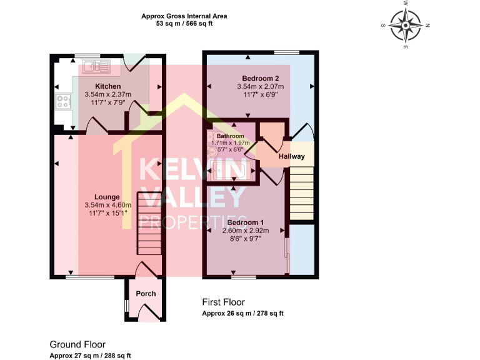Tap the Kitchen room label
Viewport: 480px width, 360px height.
point(107,86)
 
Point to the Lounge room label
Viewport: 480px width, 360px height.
point(107,197)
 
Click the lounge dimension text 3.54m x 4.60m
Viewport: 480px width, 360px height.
point(107,205)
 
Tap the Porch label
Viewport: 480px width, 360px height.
point(146,294)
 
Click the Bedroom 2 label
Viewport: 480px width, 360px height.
point(260,78)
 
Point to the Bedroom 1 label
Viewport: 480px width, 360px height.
point(246,222)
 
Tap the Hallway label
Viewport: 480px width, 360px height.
point(291,156)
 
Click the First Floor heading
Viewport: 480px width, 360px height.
point(223,302)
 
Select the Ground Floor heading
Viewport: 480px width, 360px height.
point(77,344)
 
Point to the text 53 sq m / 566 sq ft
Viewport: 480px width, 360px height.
point(184,23)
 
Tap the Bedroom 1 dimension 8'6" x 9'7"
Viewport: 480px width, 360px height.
point(246,238)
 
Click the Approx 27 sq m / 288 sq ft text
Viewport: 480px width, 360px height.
point(91,356)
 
